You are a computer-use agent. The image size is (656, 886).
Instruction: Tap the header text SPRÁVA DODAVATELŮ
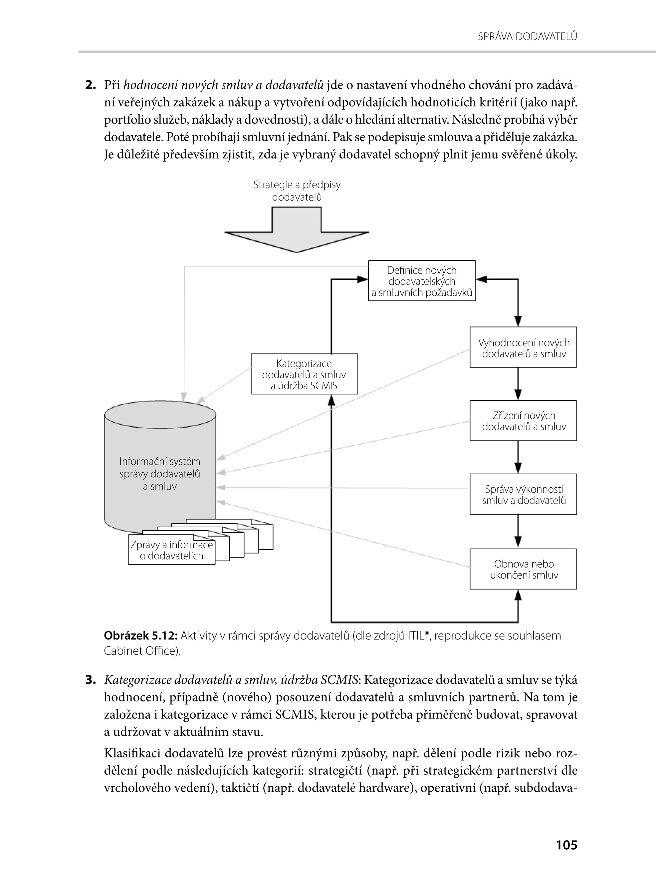coord(527,37)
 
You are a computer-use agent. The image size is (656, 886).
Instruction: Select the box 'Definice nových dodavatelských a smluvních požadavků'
coord(422,281)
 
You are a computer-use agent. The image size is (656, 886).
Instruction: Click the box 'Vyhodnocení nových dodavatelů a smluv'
coord(523,347)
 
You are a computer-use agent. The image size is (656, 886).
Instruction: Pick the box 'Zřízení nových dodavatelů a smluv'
coord(523,420)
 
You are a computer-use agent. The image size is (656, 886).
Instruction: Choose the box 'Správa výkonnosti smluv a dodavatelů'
coord(523,494)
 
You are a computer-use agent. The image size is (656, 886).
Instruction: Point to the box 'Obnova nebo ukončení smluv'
coord(523,569)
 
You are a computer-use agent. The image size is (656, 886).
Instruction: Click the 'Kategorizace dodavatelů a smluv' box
coord(304,374)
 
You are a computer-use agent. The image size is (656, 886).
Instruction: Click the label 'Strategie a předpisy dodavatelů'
coord(297,191)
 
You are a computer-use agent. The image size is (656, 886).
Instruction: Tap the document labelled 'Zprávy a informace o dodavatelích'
coord(171,550)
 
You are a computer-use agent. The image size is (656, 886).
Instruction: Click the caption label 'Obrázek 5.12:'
coord(140,636)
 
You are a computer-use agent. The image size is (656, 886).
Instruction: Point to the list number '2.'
coord(90,85)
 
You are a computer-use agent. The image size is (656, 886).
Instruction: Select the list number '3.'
coord(90,680)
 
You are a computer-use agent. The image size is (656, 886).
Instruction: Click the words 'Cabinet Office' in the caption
coord(140,651)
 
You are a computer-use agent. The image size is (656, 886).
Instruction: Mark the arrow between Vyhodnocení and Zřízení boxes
coord(518,384)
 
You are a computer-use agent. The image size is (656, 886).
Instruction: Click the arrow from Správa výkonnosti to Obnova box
coord(518,532)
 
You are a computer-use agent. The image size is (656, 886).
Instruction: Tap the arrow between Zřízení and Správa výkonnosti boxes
coord(518,457)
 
